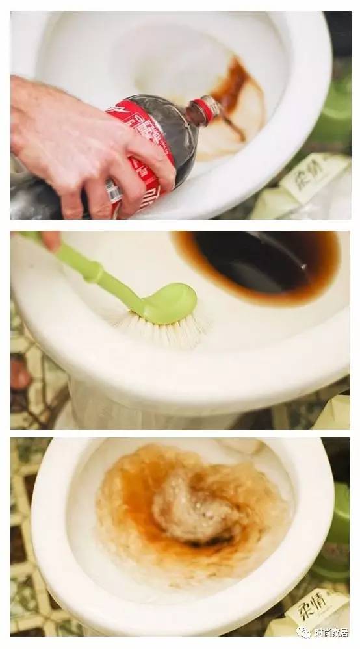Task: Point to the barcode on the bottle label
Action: (x=114, y=192)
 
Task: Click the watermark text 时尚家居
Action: (x=335, y=632)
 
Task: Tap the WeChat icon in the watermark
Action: (x=304, y=632)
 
